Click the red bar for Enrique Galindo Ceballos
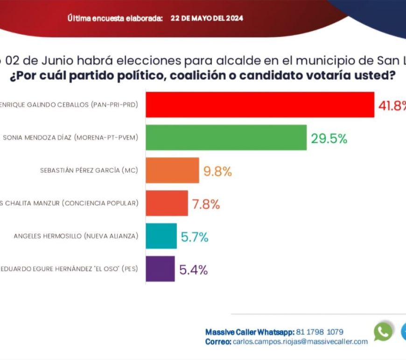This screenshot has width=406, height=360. [260, 105]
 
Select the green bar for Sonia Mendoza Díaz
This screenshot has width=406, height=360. [226, 137]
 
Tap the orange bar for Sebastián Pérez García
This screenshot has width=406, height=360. [172, 170]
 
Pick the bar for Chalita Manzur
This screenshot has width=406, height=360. [167, 203]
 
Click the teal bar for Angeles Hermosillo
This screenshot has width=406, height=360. [161, 236]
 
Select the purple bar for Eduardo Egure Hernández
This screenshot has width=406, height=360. [160, 269]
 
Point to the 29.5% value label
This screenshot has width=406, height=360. [329, 138]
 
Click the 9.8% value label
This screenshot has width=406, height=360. [217, 171]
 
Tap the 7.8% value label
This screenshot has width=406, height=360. [206, 204]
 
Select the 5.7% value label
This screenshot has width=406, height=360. [194, 237]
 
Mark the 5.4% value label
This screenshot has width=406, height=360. [193, 270]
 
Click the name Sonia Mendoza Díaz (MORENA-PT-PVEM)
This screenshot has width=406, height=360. [70, 137]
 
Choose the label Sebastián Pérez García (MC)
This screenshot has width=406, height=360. [89, 170]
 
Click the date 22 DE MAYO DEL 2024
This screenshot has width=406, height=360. [207, 19]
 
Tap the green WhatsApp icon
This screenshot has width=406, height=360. [383, 332]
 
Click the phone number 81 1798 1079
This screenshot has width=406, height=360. [320, 332]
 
